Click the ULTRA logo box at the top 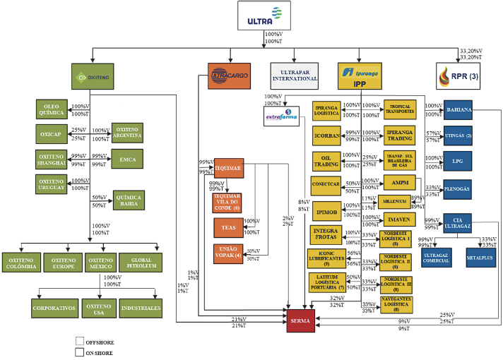coord(264,16)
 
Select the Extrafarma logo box coord(283,115)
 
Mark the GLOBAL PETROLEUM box coord(141,262)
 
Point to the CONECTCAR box coord(326,186)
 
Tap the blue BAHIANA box coord(463,110)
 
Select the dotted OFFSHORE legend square coord(79,342)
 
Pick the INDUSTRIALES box coord(141,308)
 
